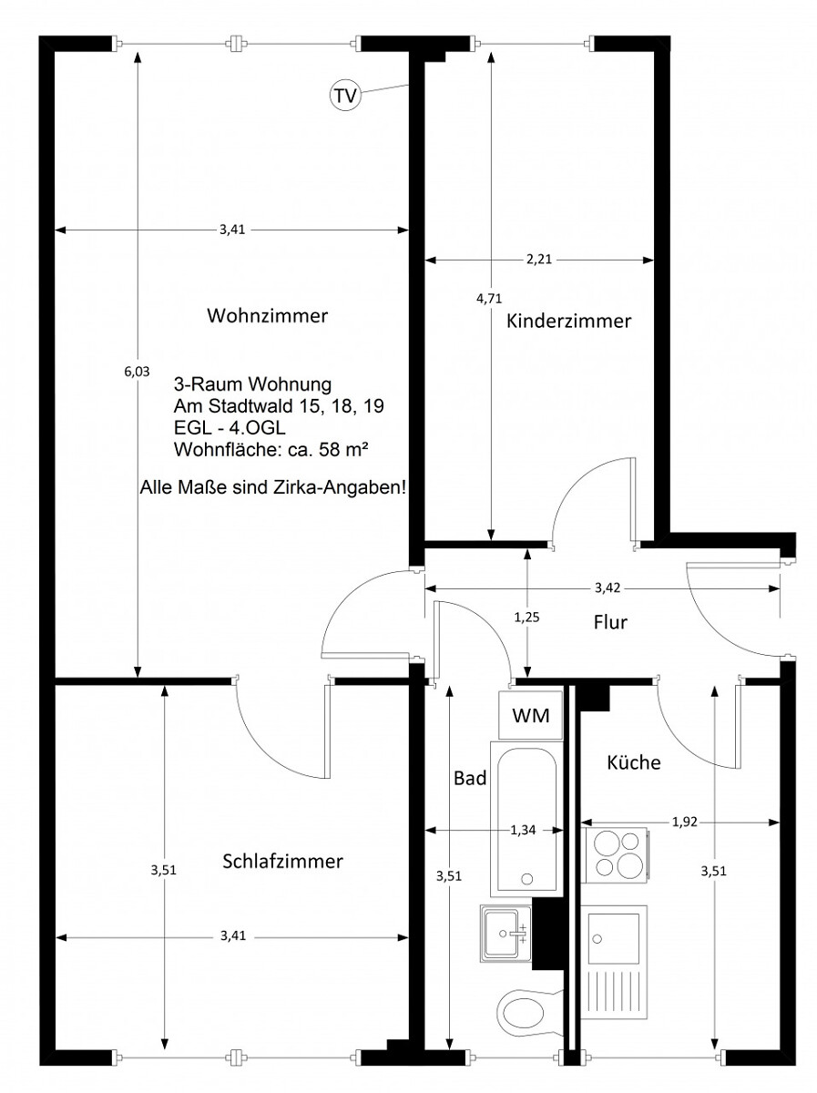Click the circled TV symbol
[x=345, y=95]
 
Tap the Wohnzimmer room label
[x=268, y=316]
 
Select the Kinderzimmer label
[x=568, y=321]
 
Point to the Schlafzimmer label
[x=282, y=861]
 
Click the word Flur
[x=610, y=622]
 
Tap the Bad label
[x=469, y=778]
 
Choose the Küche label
[x=634, y=761]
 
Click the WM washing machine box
[x=531, y=715]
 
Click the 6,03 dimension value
[x=137, y=372]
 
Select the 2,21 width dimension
[x=539, y=260]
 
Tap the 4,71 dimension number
[x=489, y=298]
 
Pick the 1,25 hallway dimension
[x=526, y=618]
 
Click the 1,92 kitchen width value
[x=685, y=822]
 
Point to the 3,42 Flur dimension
[x=608, y=588]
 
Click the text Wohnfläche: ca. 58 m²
[x=271, y=450]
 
